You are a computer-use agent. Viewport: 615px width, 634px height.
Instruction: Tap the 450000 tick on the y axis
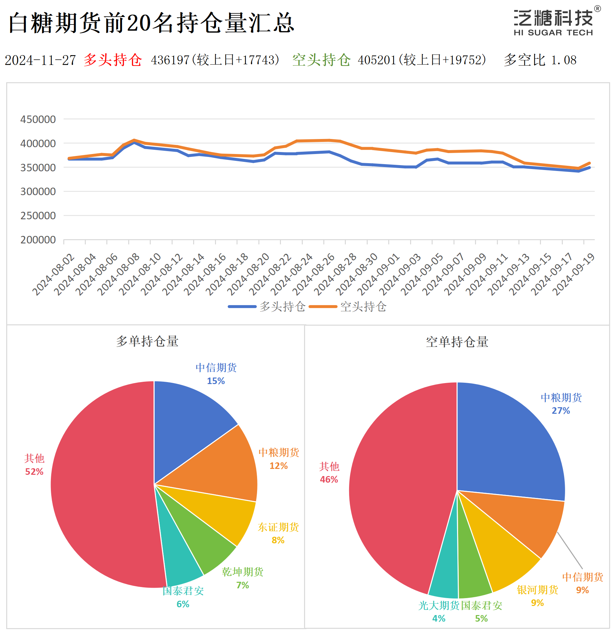point(38,119)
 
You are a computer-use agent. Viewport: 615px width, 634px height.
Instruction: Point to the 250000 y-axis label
point(38,216)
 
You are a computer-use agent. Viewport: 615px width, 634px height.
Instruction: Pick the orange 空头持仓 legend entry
point(348,307)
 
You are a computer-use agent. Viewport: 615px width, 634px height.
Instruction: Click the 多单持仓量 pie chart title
point(147,341)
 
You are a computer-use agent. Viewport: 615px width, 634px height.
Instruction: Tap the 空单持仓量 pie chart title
point(457,342)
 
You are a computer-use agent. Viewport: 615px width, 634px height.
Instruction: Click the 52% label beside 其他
point(34,472)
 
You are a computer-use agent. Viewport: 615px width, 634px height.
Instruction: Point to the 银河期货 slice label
point(537,590)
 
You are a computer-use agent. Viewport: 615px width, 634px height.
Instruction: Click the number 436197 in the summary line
point(170,60)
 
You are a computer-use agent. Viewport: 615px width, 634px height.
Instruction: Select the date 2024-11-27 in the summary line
point(40,60)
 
